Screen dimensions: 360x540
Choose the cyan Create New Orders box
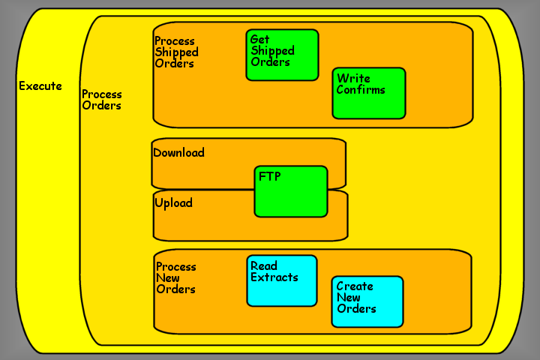(367, 315)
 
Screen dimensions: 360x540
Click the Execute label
(40, 86)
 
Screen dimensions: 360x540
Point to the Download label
(178, 153)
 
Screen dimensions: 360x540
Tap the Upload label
(173, 203)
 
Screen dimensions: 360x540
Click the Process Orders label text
(102, 100)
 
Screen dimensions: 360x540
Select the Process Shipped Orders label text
(176, 52)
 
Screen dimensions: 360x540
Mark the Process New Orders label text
(176, 278)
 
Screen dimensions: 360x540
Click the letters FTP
(269, 178)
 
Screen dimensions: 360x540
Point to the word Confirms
(361, 90)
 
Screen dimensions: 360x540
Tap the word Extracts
(274, 277)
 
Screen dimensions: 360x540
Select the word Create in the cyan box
(355, 286)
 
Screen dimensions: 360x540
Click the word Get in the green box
(259, 40)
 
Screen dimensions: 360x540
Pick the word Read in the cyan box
(264, 266)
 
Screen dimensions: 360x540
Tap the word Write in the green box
(353, 79)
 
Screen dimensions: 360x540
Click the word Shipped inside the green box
(272, 51)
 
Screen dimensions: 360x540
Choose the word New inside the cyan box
(349, 298)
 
